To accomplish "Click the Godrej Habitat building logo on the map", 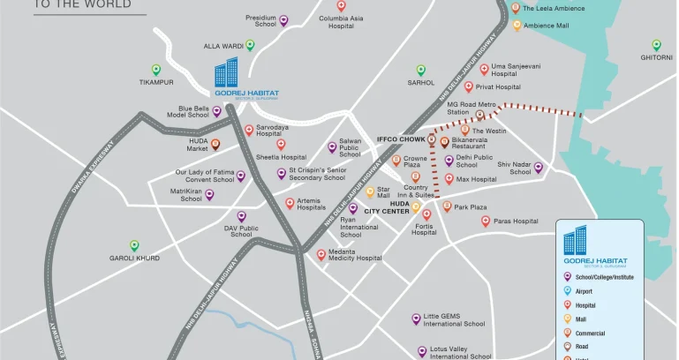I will point(227,72).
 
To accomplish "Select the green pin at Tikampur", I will point(156,70).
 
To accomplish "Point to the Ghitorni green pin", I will point(656,45).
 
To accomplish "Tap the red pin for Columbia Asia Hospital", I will point(341,6).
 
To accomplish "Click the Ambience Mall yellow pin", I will point(517,26).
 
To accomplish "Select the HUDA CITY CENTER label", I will point(388,207).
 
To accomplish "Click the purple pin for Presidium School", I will point(283,20).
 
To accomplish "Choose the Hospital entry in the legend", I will point(586,305).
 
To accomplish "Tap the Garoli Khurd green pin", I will point(134,246).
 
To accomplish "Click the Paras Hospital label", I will point(516,221).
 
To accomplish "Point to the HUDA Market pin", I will point(215,145).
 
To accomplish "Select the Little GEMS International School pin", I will point(416,319).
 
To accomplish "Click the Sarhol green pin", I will point(420,70).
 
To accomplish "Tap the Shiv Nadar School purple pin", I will point(538,168).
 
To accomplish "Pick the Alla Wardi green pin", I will point(250,45).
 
